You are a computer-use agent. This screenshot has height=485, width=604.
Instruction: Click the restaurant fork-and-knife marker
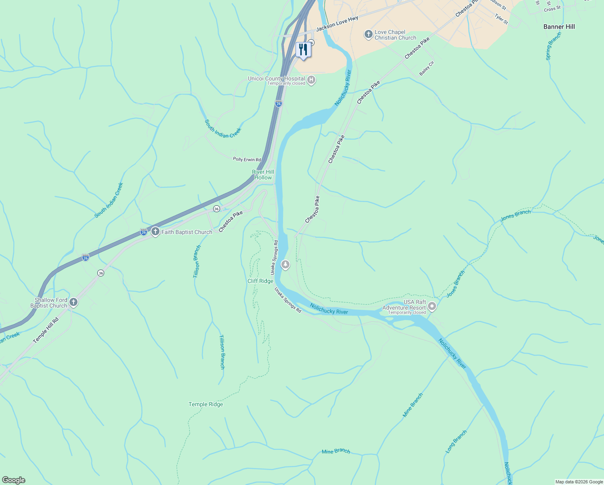click(x=303, y=50)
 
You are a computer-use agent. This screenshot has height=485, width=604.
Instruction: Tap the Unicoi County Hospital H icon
click(x=311, y=80)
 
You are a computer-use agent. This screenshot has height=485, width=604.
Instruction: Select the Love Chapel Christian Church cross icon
click(x=368, y=34)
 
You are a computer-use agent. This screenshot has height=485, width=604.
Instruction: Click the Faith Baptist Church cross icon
click(x=155, y=232)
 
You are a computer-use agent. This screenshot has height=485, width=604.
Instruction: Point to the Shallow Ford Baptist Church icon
click(x=73, y=302)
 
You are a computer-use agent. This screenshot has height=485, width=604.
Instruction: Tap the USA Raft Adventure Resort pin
click(x=432, y=306)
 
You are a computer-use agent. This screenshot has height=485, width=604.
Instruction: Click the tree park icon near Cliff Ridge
click(x=285, y=265)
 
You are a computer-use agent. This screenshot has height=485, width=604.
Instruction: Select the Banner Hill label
click(x=559, y=27)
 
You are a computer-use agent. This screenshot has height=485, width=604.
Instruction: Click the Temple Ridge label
click(x=206, y=404)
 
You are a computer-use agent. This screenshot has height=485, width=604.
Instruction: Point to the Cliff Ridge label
click(x=260, y=281)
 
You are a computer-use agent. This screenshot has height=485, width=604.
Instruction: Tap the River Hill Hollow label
click(x=263, y=175)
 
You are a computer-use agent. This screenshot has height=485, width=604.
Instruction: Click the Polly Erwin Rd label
click(x=247, y=160)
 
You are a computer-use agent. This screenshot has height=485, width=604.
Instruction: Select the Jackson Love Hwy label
click(x=337, y=24)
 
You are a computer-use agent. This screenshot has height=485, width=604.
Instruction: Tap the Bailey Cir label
click(x=426, y=68)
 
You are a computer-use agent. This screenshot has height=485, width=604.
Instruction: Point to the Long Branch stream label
click(x=456, y=441)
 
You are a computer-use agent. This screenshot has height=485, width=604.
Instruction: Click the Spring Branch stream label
click(x=554, y=46)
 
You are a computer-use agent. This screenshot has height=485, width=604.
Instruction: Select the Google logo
click(x=13, y=480)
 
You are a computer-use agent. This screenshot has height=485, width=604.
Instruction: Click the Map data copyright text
click(x=579, y=482)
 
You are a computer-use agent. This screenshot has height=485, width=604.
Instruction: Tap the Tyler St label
click(x=501, y=19)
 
